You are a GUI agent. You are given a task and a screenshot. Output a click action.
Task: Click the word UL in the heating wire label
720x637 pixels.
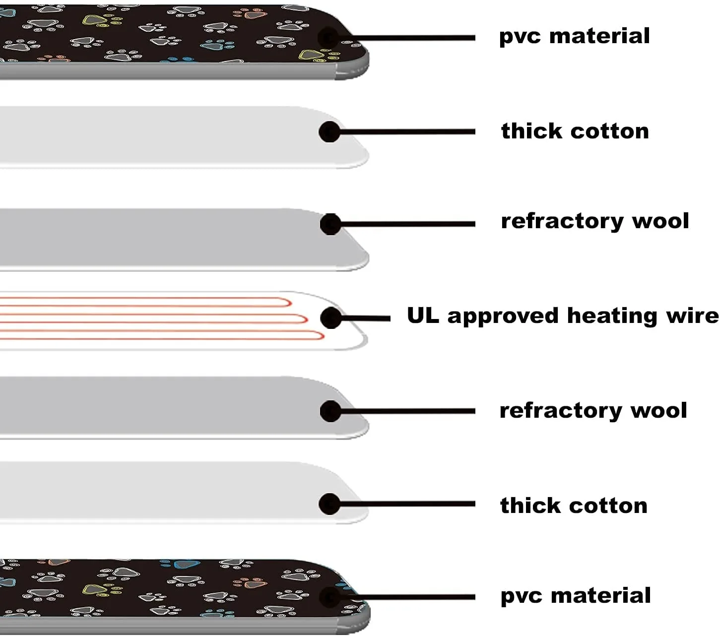(x=423, y=316)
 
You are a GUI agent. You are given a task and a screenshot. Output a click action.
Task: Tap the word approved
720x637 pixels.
(x=503, y=317)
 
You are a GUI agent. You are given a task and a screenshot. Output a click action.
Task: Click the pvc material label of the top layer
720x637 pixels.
(x=574, y=36)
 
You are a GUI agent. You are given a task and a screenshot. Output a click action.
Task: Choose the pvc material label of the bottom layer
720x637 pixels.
(x=575, y=596)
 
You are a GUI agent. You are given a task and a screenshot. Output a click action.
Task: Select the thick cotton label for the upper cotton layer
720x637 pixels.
(x=575, y=131)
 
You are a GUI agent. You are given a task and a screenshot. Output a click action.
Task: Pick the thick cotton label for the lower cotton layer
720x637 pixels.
(x=574, y=506)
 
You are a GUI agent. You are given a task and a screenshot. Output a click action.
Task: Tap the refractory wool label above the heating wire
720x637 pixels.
(x=594, y=221)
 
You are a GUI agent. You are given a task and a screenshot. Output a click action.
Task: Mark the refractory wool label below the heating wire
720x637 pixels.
(x=593, y=411)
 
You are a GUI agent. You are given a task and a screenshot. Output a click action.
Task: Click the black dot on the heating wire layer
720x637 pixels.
(x=331, y=318)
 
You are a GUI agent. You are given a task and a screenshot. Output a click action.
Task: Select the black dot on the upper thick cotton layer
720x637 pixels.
(x=329, y=132)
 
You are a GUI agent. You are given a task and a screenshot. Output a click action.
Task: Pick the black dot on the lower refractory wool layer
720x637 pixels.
(x=330, y=411)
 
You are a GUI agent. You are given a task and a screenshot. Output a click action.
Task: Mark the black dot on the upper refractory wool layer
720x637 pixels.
(x=330, y=224)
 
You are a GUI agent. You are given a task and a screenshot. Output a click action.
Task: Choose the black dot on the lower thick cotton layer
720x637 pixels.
(x=329, y=504)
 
